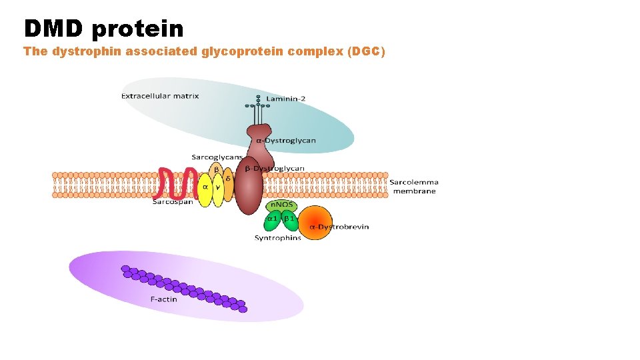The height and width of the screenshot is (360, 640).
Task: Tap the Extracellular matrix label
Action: pos(160,96)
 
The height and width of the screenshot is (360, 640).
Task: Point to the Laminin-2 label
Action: pos(286,99)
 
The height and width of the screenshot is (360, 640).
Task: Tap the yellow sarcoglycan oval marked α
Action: pos(205,188)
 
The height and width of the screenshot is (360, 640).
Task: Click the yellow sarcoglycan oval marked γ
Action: pos(217,189)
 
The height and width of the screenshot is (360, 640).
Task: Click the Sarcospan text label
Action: pos(173,201)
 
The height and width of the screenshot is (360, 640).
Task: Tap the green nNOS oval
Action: pos(281,206)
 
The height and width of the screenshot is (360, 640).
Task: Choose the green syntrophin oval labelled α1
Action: pos(272,219)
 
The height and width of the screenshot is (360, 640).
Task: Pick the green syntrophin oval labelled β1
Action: pos(289,219)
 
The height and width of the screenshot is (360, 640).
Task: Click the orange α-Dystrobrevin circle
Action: pos(315,223)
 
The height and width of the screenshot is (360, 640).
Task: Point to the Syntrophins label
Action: pos(277,238)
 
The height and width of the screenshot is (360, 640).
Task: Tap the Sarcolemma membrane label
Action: pos(413,187)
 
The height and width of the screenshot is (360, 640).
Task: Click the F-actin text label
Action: pos(163,299)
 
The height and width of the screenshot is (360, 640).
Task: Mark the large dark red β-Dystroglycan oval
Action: pos(249,189)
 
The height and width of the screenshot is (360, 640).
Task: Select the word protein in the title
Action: pos(138,28)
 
